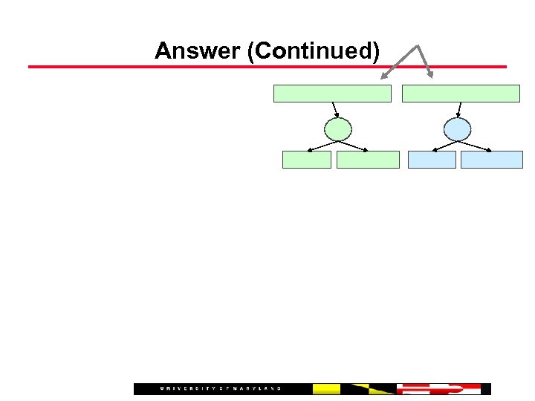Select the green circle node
[339, 129]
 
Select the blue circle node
[457, 129]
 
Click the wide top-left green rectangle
[332, 94]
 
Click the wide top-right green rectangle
[461, 94]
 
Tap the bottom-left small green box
[306, 160]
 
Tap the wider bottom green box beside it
[368, 160]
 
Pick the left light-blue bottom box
[432, 160]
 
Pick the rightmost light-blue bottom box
[491, 160]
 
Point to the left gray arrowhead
[385, 76]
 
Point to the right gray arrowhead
[430, 74]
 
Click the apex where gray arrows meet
[419, 46]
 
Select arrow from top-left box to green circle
[335, 110]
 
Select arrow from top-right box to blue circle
[459, 110]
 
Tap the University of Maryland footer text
[221, 389]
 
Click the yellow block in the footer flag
[326, 389]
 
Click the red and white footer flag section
[438, 389]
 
